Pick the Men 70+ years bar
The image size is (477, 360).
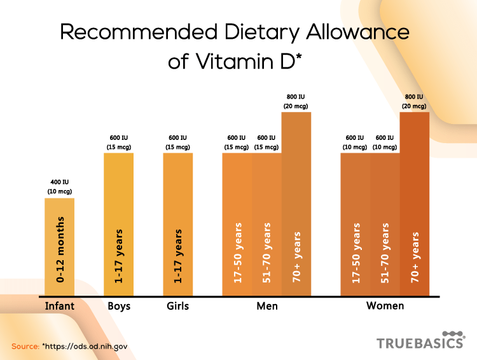(296, 204)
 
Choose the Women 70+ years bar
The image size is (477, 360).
(415, 204)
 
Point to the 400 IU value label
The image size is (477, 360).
(59, 183)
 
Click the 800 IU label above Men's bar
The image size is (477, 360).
(296, 97)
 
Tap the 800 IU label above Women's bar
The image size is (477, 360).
(415, 97)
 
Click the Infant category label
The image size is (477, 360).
(59, 306)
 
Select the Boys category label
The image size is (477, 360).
(118, 306)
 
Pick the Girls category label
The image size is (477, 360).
(177, 306)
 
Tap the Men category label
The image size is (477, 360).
(266, 306)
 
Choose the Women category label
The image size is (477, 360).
(385, 306)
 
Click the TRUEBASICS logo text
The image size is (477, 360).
(420, 343)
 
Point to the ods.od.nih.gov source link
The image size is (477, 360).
(85, 347)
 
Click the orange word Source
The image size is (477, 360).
(25, 347)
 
